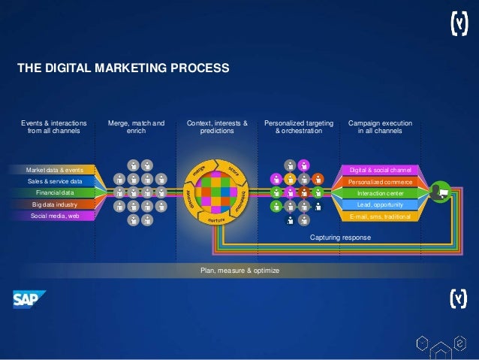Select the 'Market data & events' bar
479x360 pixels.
pyautogui.click(x=54, y=170)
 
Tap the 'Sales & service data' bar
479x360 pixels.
pyautogui.click(x=54, y=181)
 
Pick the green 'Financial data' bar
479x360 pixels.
pyautogui.click(x=54, y=192)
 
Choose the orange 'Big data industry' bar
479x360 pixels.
pyautogui.click(x=54, y=204)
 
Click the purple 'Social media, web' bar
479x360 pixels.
pyautogui.click(x=54, y=216)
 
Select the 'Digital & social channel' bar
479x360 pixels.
pyautogui.click(x=381, y=170)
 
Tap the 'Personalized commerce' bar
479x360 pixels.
pyautogui.click(x=381, y=181)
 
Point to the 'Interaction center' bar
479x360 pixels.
pyautogui.click(x=381, y=192)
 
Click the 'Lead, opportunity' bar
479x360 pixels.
pyautogui.click(x=381, y=204)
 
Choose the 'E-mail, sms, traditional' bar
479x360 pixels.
pyautogui.click(x=381, y=216)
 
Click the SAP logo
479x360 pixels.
pyautogui.click(x=29, y=300)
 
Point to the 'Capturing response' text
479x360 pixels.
pyautogui.click(x=340, y=237)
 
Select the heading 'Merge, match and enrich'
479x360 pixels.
pyautogui.click(x=136, y=126)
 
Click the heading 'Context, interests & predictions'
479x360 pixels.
pyautogui.click(x=217, y=126)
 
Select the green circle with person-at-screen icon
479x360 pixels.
pyautogui.click(x=440, y=193)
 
